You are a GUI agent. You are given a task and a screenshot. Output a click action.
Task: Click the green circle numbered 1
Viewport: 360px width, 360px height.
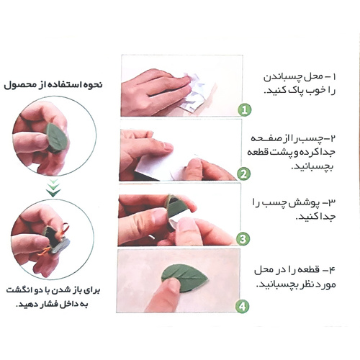click(x=245, y=110)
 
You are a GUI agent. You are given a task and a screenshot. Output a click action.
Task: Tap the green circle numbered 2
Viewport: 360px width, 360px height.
click(x=243, y=174)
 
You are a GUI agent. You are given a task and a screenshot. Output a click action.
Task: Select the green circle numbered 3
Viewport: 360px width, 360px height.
click(x=243, y=239)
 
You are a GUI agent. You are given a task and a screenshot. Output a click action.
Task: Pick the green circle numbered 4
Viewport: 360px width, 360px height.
click(x=242, y=307)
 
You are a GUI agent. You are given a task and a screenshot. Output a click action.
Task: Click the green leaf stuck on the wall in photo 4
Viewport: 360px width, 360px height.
click(x=184, y=277)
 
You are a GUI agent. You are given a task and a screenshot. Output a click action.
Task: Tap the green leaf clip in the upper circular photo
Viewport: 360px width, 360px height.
click(x=57, y=136)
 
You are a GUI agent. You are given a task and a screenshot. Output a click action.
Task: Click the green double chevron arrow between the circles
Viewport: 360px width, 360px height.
click(x=54, y=188)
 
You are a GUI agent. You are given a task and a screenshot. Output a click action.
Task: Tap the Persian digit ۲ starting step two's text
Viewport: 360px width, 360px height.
click(x=333, y=138)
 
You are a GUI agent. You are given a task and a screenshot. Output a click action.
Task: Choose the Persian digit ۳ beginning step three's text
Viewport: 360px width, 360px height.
click(x=331, y=203)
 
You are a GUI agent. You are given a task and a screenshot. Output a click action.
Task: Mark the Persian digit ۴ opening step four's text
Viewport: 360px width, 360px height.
click(x=331, y=270)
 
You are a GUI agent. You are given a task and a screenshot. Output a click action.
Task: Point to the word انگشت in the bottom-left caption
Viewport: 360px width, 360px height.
click(x=17, y=290)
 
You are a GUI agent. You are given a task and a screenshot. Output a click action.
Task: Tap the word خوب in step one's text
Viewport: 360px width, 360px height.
click(x=316, y=91)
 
